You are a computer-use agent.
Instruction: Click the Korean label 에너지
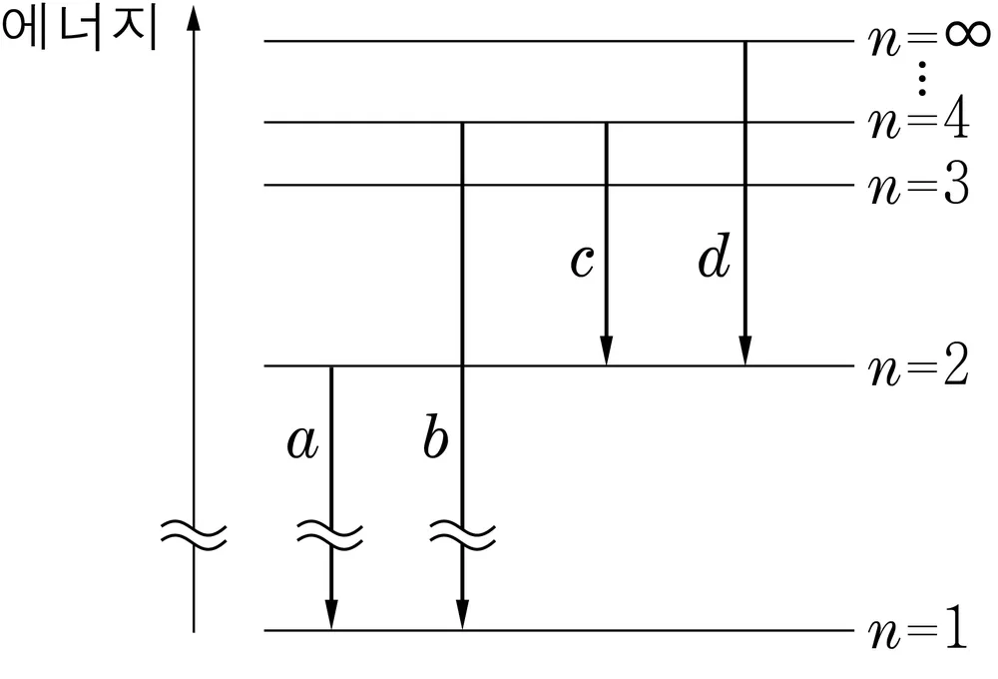click(x=80, y=30)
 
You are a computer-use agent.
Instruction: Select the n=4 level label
click(x=919, y=121)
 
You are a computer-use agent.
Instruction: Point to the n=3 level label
click(x=919, y=185)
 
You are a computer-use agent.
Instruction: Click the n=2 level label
click(x=919, y=365)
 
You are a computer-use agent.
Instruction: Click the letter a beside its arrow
click(x=302, y=441)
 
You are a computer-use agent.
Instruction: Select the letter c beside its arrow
click(x=582, y=262)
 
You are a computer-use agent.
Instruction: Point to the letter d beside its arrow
click(x=715, y=255)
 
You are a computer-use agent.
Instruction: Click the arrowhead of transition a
click(x=331, y=614)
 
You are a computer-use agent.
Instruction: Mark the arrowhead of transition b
click(x=463, y=614)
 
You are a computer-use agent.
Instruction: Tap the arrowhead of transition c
click(x=607, y=350)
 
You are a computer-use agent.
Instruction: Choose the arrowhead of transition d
click(x=746, y=350)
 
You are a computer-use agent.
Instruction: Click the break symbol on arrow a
click(x=330, y=535)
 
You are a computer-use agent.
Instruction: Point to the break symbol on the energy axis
click(x=194, y=535)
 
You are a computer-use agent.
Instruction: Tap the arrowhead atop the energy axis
click(x=194, y=18)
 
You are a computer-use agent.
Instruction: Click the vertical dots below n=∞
click(x=922, y=78)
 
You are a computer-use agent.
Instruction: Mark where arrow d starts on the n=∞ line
click(x=746, y=41)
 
